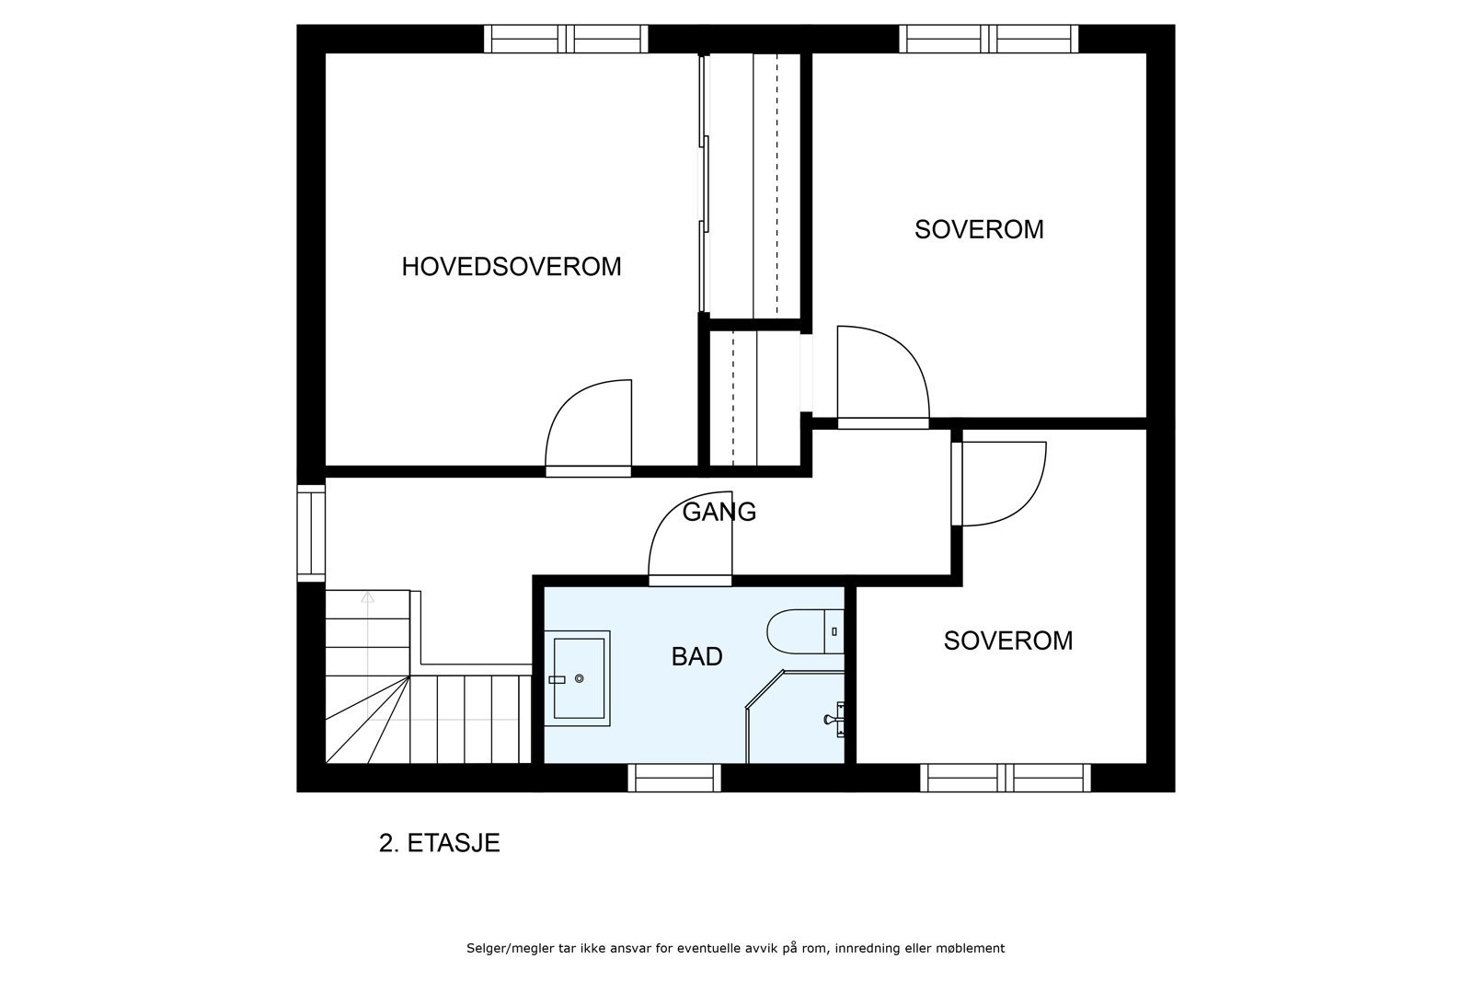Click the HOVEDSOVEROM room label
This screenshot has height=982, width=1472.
pos(512,266)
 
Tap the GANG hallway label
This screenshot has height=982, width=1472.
pos(719,512)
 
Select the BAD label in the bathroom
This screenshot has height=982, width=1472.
pos(696,656)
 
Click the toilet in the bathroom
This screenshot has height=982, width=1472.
pos(805,631)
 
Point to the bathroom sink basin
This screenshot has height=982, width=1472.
pos(578,678)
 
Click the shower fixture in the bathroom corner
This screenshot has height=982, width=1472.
pos(834,720)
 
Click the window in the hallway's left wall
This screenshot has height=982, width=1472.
pos(311,533)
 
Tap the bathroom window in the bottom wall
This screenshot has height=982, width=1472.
pos(674,778)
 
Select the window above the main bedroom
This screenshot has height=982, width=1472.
pos(566,39)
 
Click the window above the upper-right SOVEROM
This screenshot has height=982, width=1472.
pos(988,39)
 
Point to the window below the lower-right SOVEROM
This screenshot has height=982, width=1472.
pos(1006,778)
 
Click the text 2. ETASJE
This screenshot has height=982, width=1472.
pos(439,843)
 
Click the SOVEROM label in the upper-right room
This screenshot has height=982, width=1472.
pos(979,229)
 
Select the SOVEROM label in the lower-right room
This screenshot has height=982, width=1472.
pos(1008,641)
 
